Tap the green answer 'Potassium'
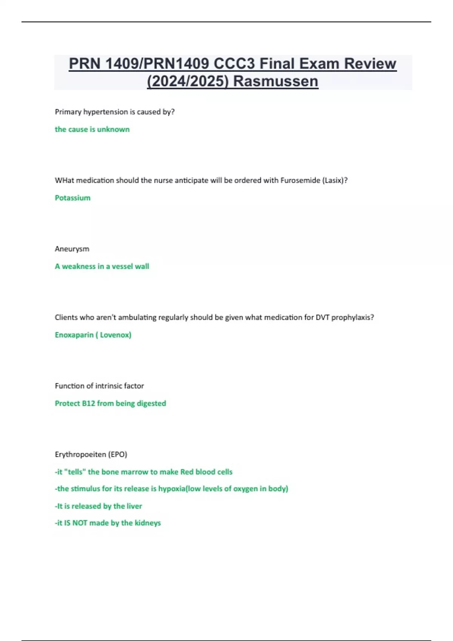(72, 198)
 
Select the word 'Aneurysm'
(72, 249)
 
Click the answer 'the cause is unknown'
(92, 129)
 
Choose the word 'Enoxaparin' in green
(74, 335)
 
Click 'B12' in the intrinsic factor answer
(88, 403)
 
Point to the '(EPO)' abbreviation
(118, 454)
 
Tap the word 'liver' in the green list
(134, 506)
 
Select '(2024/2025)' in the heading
(188, 81)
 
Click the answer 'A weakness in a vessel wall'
(102, 267)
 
